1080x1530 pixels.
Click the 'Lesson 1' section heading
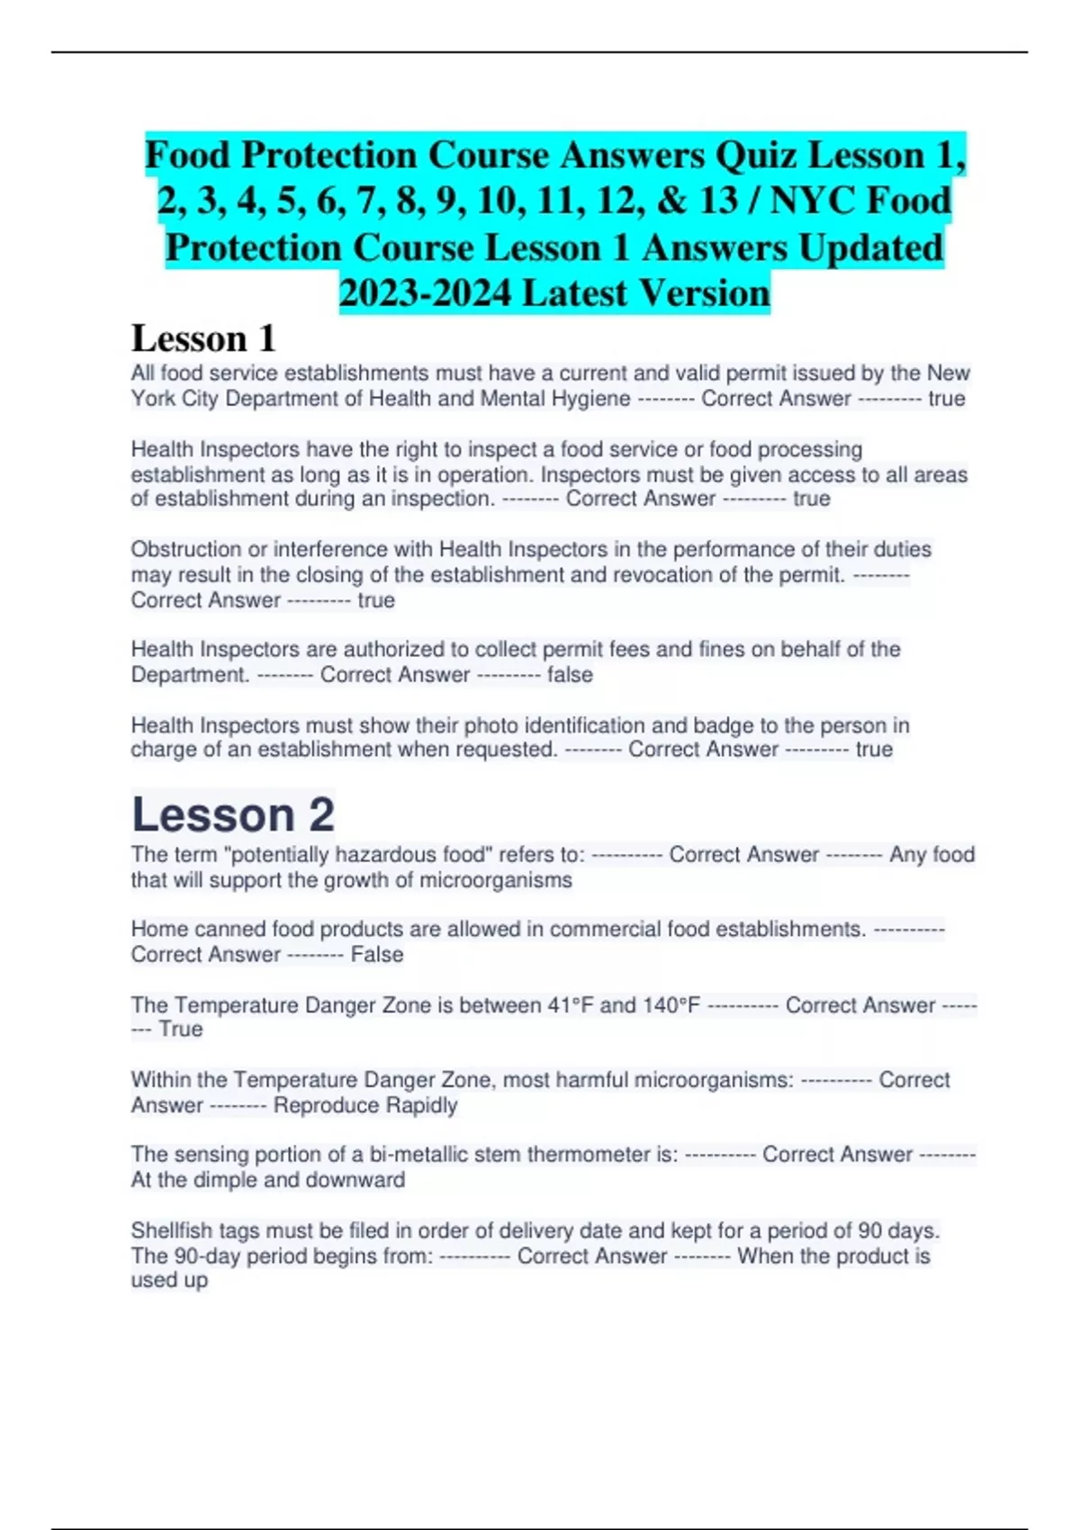203,338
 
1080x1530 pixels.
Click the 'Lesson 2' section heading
232,814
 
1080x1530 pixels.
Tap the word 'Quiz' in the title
756,155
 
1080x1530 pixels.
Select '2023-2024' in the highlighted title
425,292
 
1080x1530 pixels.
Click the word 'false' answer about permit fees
570,675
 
